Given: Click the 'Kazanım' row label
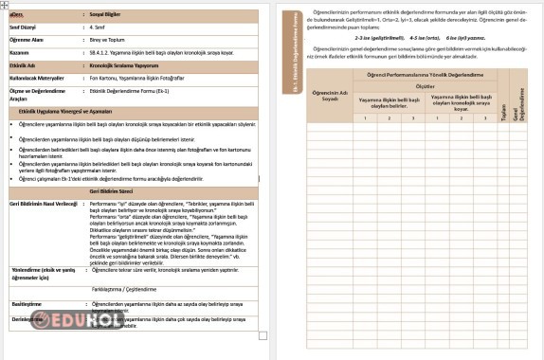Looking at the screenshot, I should click(21, 54).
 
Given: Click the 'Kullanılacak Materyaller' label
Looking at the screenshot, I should click(38, 76).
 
